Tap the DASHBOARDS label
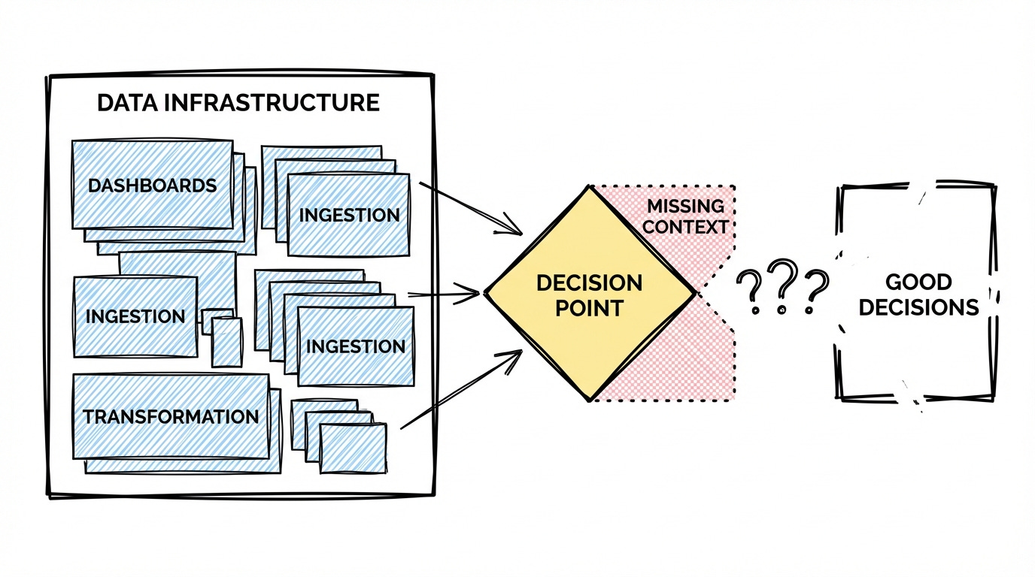click(x=152, y=186)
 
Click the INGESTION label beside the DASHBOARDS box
click(x=349, y=215)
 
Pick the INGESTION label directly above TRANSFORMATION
click(x=135, y=316)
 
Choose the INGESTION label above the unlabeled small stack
click(x=356, y=346)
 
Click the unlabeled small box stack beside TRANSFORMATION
click(x=352, y=448)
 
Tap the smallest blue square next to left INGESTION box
click(x=226, y=341)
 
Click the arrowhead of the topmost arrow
click(x=514, y=227)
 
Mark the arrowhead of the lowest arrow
click(x=515, y=355)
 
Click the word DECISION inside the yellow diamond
click(x=589, y=283)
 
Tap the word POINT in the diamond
click(x=589, y=308)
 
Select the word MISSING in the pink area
click(x=685, y=206)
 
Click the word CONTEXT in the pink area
click(x=686, y=226)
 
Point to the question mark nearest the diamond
click(x=748, y=292)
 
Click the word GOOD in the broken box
click(x=918, y=282)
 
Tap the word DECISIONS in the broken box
click(x=918, y=307)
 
